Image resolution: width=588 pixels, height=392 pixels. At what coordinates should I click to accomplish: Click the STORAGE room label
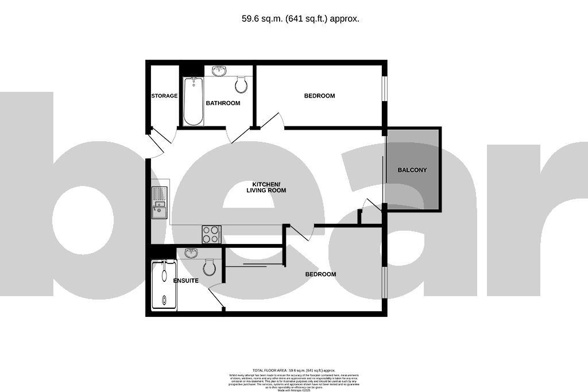(x=164, y=96)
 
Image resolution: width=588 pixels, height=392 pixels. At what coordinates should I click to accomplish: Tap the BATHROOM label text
(x=223, y=103)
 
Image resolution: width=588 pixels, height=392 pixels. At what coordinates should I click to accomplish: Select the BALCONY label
(x=412, y=170)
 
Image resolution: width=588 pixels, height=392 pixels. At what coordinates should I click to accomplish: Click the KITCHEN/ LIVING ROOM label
(x=266, y=187)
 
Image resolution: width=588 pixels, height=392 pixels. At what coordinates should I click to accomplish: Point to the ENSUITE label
(x=186, y=281)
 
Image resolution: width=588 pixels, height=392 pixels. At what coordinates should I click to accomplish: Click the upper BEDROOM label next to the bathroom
(x=319, y=96)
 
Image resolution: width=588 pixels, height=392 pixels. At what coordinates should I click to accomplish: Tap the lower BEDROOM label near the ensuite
(x=320, y=274)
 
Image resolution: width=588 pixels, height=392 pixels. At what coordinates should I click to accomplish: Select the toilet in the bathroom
(x=242, y=86)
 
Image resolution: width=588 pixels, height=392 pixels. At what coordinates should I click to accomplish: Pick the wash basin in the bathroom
(x=219, y=71)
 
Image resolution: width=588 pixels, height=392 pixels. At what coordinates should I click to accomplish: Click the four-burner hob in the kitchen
(x=211, y=235)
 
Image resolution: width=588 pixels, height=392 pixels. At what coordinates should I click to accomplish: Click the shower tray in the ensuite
(x=164, y=285)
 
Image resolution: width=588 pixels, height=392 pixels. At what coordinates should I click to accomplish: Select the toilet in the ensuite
(x=210, y=266)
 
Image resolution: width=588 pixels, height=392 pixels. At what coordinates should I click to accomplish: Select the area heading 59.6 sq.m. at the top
(x=300, y=18)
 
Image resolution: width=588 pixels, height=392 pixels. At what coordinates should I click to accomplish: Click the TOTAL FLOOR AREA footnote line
(x=293, y=371)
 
